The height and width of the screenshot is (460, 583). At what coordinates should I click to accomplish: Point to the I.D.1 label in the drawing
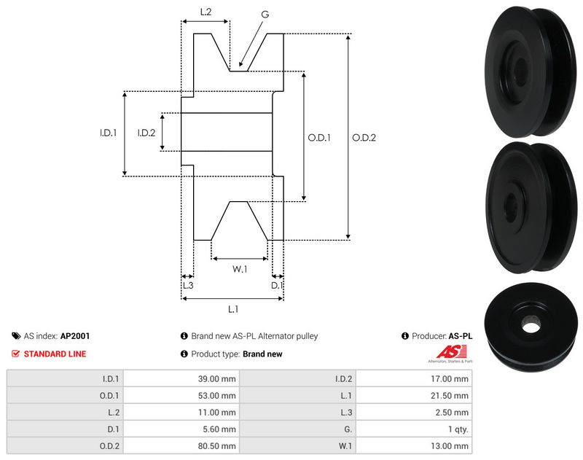tap(109, 133)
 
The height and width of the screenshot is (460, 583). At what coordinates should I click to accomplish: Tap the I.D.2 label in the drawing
tap(146, 133)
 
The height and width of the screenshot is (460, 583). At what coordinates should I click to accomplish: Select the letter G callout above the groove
tap(265, 15)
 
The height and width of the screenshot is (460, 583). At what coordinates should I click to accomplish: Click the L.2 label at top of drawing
tap(206, 12)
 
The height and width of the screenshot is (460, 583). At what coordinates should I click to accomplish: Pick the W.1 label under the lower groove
tap(240, 269)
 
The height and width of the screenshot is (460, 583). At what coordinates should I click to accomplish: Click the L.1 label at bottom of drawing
tap(232, 309)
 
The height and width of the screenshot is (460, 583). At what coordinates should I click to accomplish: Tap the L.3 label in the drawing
tap(187, 285)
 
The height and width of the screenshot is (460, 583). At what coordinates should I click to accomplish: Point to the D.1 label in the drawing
tap(277, 285)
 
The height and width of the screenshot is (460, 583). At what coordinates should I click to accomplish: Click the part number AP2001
tap(75, 337)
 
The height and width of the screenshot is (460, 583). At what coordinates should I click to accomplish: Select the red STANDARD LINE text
tap(55, 354)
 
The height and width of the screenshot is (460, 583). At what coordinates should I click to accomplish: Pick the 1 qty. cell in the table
tap(457, 429)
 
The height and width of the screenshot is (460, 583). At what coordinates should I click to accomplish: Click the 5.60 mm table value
tap(222, 429)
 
